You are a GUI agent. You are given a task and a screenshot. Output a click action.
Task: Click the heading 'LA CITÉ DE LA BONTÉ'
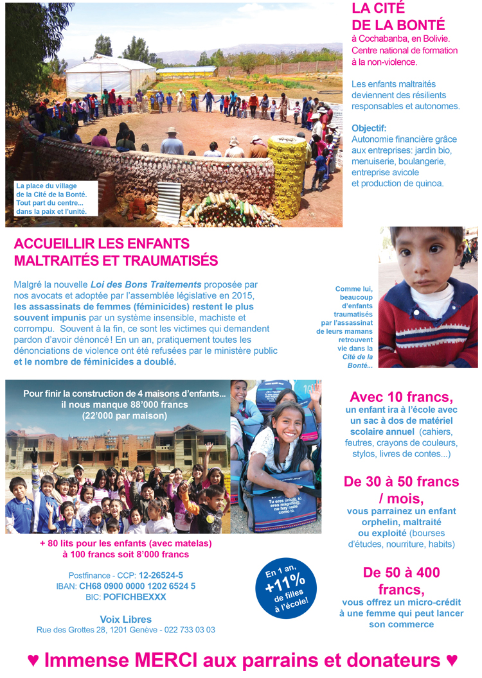[398, 17]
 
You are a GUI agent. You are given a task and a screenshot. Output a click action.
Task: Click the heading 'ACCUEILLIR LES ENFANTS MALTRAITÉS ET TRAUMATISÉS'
[116, 252]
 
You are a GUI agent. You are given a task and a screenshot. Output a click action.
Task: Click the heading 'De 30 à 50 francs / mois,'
[401, 490]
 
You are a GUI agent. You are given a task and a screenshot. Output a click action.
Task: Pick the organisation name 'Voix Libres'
[126, 619]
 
